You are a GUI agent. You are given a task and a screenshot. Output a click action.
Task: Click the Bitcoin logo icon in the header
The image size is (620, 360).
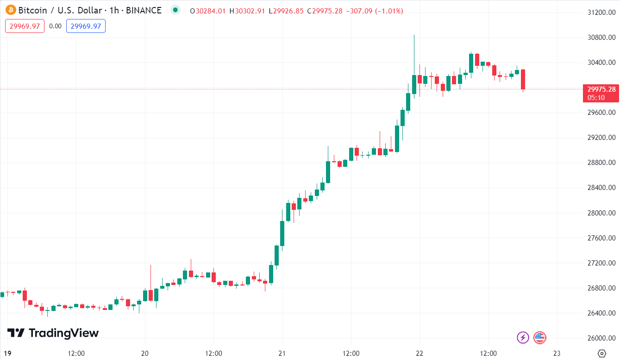click(9, 10)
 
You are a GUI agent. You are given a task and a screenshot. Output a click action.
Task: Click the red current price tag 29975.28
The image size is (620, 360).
click(601, 89)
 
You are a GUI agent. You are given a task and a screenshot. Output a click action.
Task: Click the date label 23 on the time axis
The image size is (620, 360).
click(557, 353)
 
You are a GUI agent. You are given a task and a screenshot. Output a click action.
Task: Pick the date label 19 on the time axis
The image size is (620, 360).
click(8, 353)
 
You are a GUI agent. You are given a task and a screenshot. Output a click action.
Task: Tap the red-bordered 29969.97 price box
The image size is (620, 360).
click(25, 26)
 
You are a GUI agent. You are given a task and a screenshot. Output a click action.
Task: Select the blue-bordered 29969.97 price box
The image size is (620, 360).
click(86, 26)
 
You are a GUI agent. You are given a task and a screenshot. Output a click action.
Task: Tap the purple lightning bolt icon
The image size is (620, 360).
click(523, 337)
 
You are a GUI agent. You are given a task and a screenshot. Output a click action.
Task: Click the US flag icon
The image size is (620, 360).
click(539, 337)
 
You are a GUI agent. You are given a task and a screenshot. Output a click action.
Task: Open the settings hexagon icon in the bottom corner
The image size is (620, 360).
click(601, 353)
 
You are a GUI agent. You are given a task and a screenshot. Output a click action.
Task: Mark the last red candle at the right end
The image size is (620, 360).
click(523, 79)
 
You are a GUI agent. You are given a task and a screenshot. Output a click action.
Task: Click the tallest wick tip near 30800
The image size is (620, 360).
click(414, 36)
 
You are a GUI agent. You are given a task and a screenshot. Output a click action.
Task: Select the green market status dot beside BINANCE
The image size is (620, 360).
click(175, 10)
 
